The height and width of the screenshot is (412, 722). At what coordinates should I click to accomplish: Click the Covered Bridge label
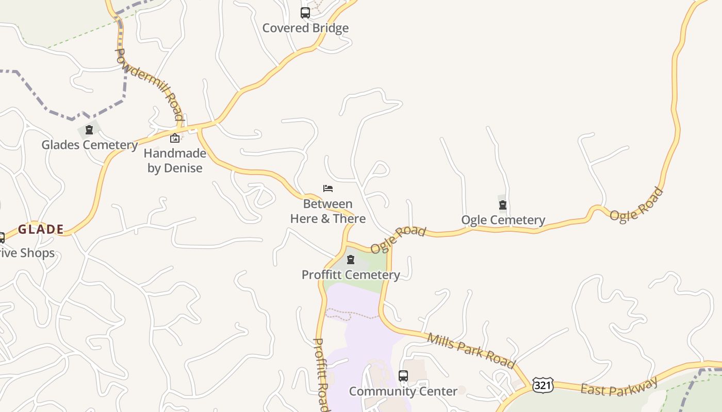[x=305, y=28]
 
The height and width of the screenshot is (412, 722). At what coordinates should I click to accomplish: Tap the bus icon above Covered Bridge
[x=305, y=13]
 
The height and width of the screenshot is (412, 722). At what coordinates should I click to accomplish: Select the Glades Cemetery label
[x=89, y=145]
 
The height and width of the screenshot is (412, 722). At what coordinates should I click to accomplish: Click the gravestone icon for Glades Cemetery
[x=89, y=130]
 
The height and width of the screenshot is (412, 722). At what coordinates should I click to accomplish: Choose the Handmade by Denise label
[x=175, y=160]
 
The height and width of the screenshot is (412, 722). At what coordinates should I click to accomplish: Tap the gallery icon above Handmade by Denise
[x=175, y=138]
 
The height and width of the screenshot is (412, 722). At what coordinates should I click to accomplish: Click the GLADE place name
[x=41, y=229]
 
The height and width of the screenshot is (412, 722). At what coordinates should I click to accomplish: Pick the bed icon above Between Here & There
[x=328, y=188]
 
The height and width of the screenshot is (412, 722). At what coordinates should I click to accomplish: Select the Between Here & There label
[x=328, y=211]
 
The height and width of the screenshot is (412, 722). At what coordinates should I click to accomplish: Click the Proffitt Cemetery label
[x=351, y=274]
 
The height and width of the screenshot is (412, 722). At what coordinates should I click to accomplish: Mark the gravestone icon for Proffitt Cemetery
[x=351, y=260]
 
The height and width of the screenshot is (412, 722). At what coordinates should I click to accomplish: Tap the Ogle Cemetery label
[x=503, y=220]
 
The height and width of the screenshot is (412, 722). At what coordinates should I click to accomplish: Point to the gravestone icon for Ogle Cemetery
[x=503, y=205]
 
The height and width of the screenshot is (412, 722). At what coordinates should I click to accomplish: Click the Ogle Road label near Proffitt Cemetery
[x=398, y=239]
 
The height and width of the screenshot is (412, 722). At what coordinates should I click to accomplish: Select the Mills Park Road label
[x=471, y=351]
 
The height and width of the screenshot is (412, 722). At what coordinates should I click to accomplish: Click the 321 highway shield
[x=543, y=385]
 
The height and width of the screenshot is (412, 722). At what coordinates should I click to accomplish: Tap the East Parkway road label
[x=619, y=386]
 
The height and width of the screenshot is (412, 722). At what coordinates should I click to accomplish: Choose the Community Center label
[x=403, y=391]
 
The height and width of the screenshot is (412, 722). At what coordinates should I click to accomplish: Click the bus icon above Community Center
[x=403, y=376]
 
